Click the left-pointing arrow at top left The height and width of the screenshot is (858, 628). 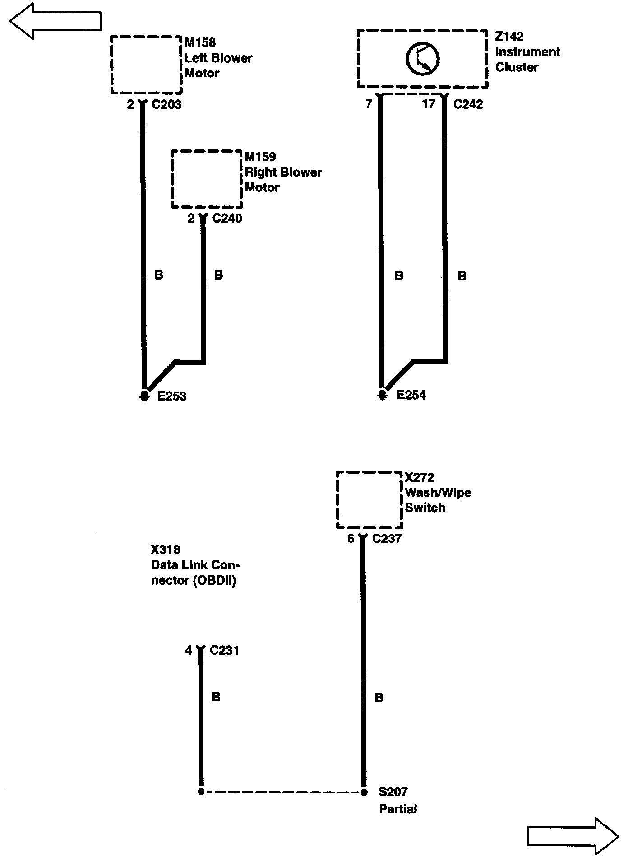(x=55, y=21)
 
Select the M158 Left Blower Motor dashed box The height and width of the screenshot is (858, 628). (x=146, y=65)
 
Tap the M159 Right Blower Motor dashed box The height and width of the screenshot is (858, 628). (x=207, y=179)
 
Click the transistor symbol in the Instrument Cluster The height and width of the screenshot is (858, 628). (x=422, y=59)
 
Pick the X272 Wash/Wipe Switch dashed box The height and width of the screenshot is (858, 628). (x=369, y=500)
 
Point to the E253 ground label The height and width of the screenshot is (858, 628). (x=171, y=396)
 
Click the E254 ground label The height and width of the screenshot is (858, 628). (x=411, y=395)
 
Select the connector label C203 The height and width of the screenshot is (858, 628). (x=166, y=104)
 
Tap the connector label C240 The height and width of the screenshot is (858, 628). (x=227, y=219)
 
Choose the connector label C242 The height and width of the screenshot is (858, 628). (x=468, y=104)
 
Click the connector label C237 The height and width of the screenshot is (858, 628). (x=387, y=539)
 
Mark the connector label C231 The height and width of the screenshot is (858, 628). (x=224, y=650)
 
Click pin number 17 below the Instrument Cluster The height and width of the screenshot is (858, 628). (x=428, y=104)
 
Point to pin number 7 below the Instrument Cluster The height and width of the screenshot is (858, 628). (x=369, y=104)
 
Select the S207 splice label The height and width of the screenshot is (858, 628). (x=393, y=792)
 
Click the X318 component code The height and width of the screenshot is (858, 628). (x=166, y=550)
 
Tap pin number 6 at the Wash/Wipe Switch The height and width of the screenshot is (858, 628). (x=351, y=539)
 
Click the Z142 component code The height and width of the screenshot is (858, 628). (x=509, y=37)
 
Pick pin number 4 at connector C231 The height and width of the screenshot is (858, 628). (x=189, y=650)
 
